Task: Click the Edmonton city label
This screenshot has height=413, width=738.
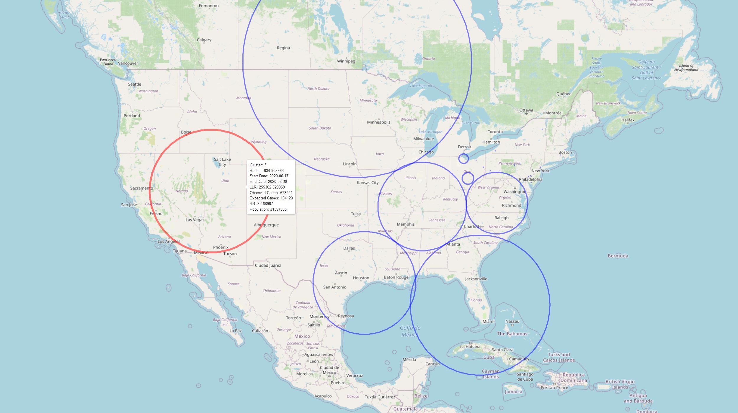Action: coord(209,6)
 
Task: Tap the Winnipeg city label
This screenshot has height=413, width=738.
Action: coord(346,61)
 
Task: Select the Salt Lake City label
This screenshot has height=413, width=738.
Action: coord(222,162)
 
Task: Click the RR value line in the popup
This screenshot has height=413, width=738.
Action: coord(261,204)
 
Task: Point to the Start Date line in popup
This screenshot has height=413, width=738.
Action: coord(269,176)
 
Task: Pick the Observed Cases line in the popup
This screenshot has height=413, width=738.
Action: coord(271,193)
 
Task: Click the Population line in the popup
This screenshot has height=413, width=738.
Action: coord(268,209)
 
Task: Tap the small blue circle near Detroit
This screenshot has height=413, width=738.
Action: coord(463,158)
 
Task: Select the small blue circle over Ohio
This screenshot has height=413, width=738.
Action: coord(468,178)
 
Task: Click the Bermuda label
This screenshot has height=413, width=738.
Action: coord(618,256)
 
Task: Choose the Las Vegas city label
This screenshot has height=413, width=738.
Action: coord(195,220)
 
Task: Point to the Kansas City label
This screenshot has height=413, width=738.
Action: coord(368,183)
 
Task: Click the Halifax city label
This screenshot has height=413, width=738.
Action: coord(628,120)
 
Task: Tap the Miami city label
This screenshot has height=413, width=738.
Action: coord(489,321)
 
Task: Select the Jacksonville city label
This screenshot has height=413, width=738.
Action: coord(476,279)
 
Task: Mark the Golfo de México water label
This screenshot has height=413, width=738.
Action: coord(410,331)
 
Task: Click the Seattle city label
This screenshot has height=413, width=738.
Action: coord(135,84)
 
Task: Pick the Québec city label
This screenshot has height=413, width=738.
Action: coord(564,94)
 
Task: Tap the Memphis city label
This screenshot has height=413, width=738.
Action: coord(406,224)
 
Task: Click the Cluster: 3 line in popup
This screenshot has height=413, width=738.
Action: coord(258,165)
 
